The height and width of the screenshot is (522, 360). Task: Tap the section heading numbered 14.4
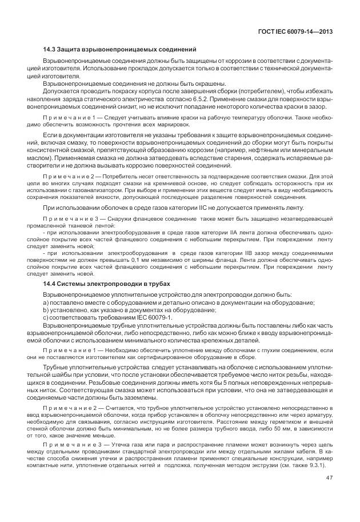click(x=106, y=284)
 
